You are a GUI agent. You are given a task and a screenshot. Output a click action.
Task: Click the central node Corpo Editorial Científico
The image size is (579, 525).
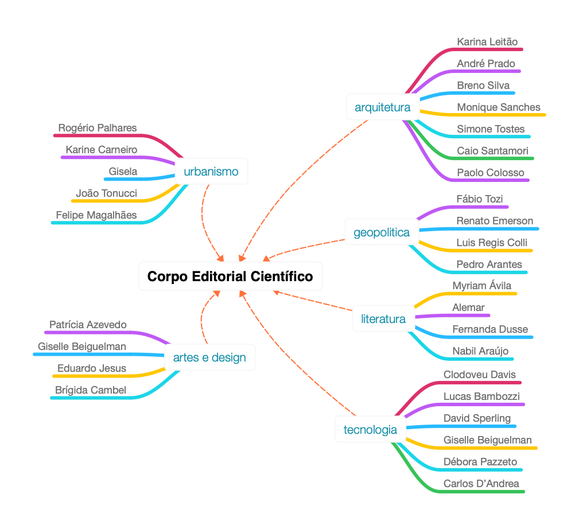click(x=230, y=277)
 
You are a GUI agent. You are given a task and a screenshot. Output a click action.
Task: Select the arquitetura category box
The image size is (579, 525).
click(x=382, y=107)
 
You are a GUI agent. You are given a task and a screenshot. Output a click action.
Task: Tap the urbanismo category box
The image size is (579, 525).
click(x=211, y=172)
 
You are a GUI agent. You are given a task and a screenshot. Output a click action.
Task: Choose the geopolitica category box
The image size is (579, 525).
click(x=382, y=232)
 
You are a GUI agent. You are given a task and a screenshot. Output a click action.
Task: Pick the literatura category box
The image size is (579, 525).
click(x=383, y=319)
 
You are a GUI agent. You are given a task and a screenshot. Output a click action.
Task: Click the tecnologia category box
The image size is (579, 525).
click(x=370, y=430)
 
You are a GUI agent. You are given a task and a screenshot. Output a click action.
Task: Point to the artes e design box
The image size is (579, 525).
click(x=209, y=357)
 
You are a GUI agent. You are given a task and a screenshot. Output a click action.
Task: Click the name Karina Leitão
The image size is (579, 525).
click(x=487, y=42)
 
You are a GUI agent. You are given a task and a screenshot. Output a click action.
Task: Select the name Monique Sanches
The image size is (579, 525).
click(x=499, y=107)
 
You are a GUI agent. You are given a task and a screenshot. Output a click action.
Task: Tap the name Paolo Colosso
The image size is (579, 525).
click(x=491, y=173)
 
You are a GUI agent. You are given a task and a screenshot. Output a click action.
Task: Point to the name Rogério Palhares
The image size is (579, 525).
click(x=98, y=127)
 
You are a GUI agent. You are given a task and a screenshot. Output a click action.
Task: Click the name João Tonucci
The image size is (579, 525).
click(x=106, y=193)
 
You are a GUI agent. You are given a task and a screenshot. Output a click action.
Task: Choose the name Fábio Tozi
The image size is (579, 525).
click(x=479, y=199)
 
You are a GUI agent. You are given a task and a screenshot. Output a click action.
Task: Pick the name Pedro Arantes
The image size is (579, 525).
click(x=489, y=265)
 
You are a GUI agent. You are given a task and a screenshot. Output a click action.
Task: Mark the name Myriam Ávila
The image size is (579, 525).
click(x=482, y=286)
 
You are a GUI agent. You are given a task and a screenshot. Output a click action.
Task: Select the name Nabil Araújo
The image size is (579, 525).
click(x=480, y=351)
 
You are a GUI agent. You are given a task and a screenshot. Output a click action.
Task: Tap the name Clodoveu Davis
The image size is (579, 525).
click(x=480, y=375)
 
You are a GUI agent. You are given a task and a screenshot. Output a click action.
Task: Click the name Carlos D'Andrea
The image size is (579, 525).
click(x=481, y=484)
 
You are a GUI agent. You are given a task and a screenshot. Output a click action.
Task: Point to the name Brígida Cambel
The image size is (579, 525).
click(x=91, y=390)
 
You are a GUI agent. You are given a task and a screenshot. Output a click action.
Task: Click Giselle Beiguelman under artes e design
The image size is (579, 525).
click(x=82, y=347)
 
